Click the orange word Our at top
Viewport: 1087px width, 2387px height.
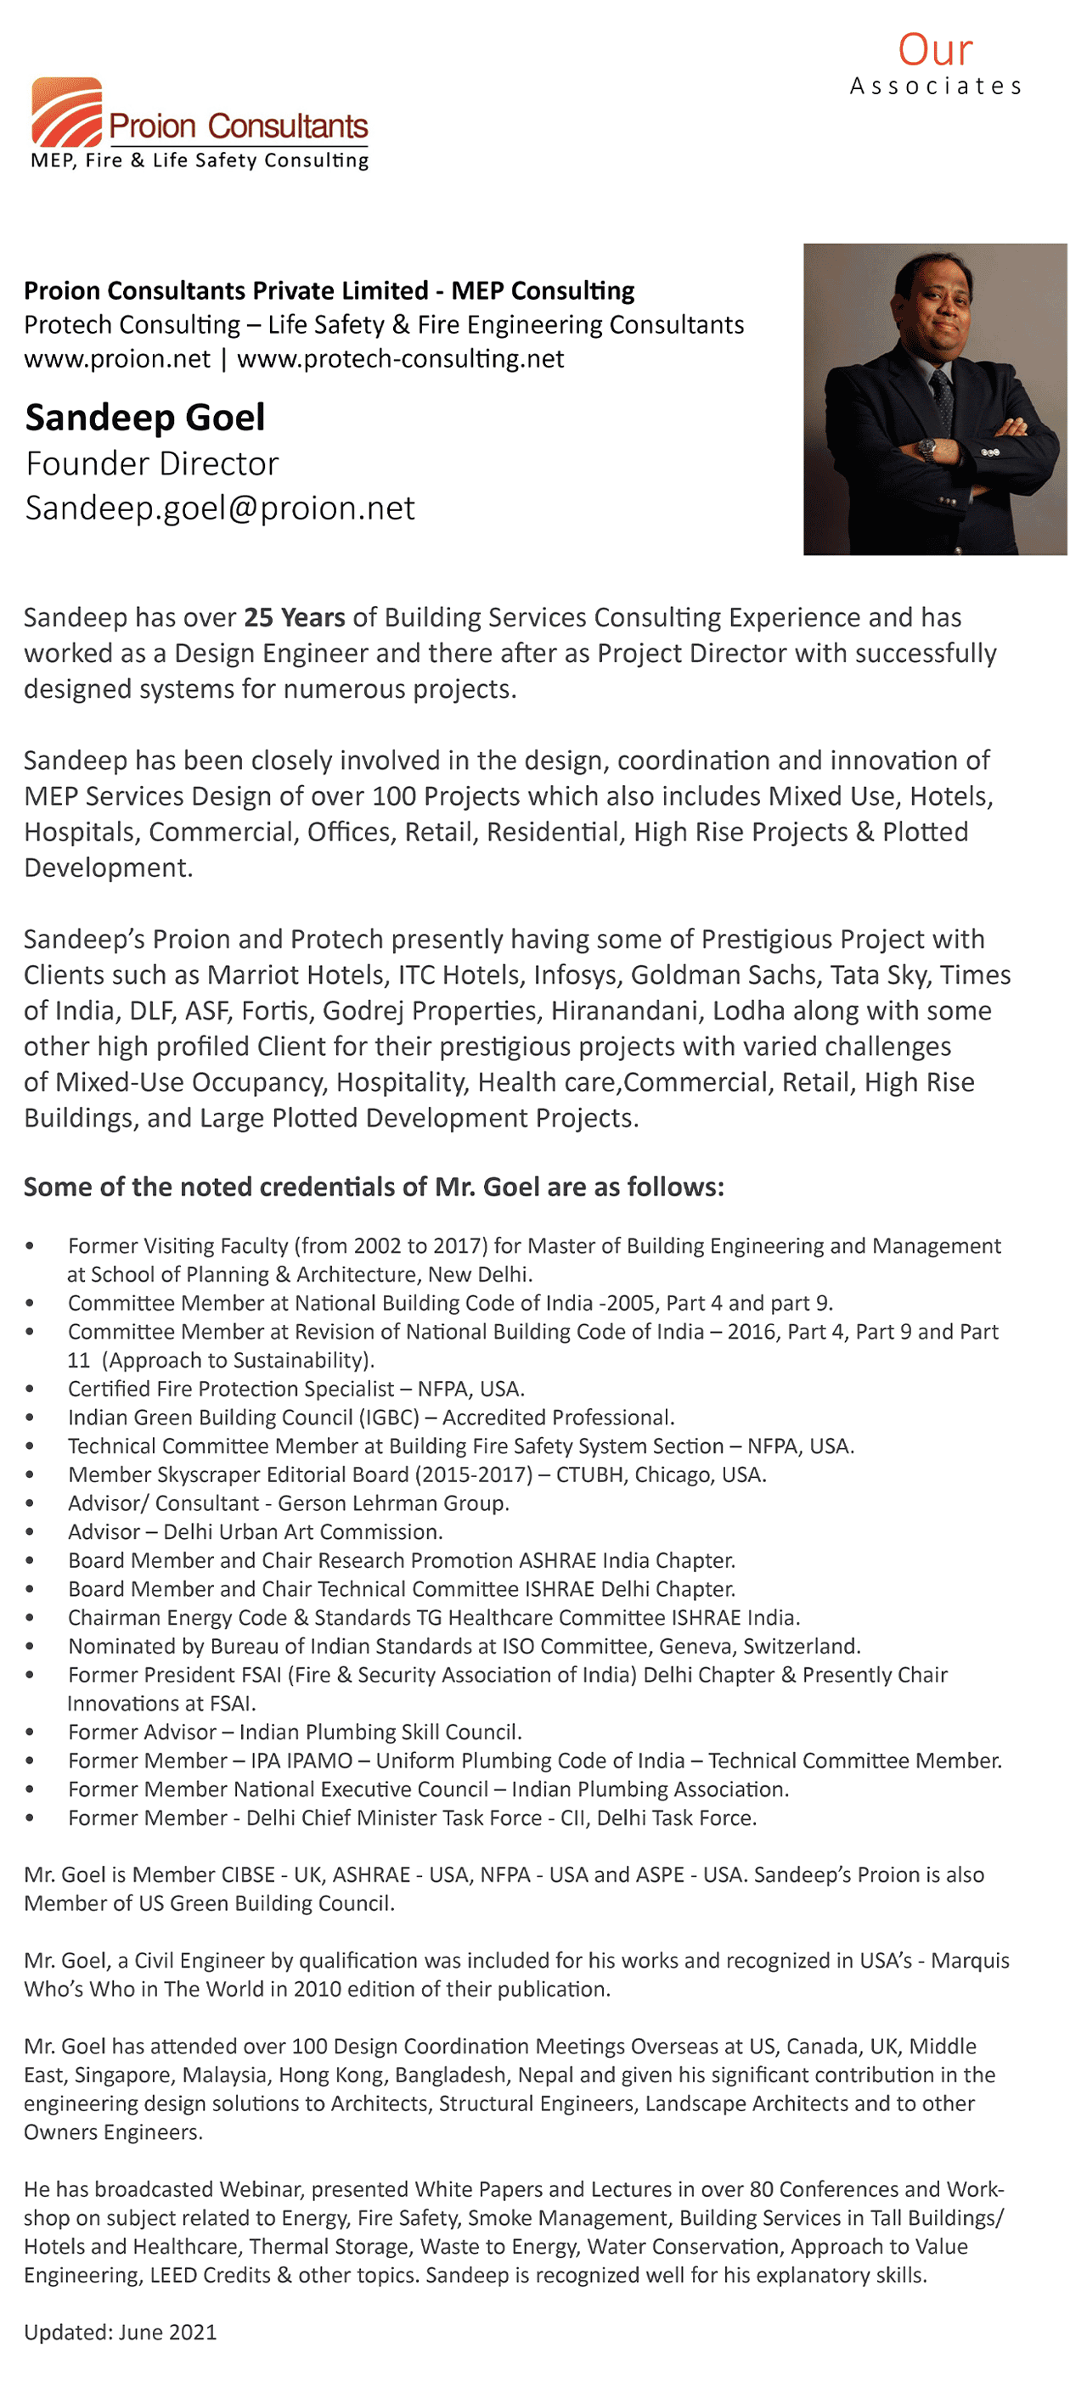(x=934, y=50)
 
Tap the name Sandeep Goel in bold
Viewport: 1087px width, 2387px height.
(x=144, y=417)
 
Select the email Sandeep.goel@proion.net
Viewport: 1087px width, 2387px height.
(x=220, y=508)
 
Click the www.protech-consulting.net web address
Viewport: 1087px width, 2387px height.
(x=400, y=358)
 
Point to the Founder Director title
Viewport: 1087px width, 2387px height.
(x=152, y=463)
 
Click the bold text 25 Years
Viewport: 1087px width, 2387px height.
(x=294, y=617)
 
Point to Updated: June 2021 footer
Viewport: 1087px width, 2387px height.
(x=121, y=2332)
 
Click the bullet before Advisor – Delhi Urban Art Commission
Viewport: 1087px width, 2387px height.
(x=30, y=1533)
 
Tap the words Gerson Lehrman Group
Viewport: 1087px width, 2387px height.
(x=393, y=1503)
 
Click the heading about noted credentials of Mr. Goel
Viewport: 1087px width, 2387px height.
(x=374, y=1187)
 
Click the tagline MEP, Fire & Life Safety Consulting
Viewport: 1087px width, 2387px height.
(x=200, y=160)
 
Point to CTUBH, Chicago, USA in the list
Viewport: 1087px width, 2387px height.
(x=661, y=1474)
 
